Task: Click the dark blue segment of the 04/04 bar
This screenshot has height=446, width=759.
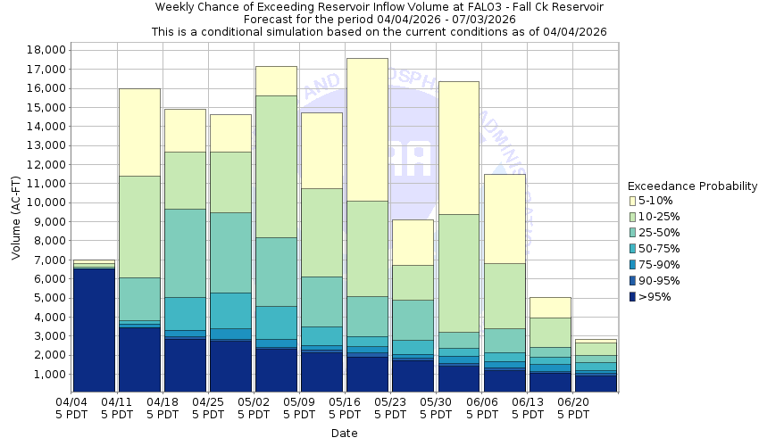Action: pos(94,330)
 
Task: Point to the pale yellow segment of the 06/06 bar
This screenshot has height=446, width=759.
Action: pos(505,219)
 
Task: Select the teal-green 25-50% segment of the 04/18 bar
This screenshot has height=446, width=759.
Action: pos(185,253)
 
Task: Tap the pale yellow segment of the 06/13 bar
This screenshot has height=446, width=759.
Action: pos(550,308)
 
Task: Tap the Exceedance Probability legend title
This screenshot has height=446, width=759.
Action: pos(693,186)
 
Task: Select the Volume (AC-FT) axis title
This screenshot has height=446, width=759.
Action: pos(15,218)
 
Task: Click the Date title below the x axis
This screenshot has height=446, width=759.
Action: pos(344,434)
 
